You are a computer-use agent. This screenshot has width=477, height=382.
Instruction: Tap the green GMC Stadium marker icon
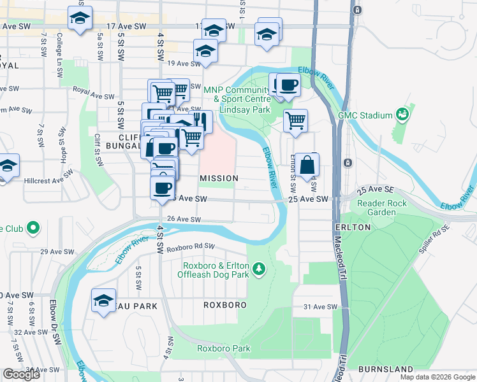402,115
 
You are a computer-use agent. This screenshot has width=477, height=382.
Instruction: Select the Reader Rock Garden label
381,208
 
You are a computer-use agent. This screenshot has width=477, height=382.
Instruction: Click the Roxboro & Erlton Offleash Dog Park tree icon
259,269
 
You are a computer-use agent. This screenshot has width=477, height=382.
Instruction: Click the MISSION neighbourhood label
219,178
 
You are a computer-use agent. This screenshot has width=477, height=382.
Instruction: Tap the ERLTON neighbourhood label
351,227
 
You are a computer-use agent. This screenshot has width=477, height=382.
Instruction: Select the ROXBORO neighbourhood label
225,305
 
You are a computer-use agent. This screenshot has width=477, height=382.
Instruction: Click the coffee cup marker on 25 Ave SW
162,188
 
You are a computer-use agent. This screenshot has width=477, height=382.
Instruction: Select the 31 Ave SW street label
319,307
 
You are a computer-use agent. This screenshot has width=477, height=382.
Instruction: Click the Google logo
22,374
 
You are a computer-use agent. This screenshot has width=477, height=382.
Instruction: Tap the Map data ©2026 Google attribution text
437,377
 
